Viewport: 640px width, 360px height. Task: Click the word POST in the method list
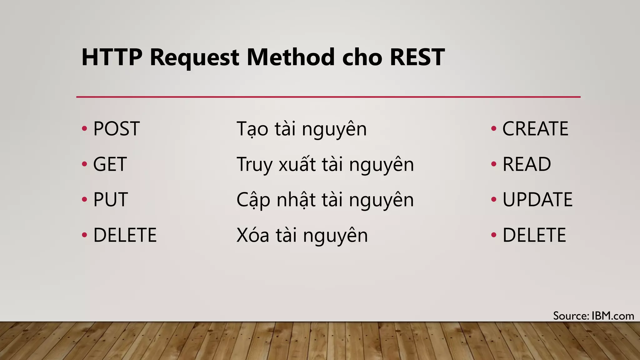[x=116, y=129]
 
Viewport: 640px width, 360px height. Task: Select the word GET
[x=110, y=164]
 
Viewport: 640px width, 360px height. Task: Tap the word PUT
[x=111, y=200]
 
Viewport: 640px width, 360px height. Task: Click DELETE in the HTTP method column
[x=125, y=235]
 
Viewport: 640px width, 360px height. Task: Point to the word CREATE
[x=535, y=129]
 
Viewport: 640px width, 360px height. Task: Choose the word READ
[x=527, y=164]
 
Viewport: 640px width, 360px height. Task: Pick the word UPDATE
[x=537, y=200]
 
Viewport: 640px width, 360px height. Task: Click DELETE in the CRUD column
[x=534, y=235]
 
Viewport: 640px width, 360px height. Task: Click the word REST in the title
[x=417, y=57]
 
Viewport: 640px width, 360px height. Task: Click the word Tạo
[x=252, y=129]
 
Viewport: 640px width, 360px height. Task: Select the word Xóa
[x=252, y=235]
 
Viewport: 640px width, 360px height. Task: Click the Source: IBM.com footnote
[x=593, y=316]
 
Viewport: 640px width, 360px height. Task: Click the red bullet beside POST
[x=84, y=128]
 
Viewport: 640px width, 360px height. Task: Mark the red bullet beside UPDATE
[x=494, y=199]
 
